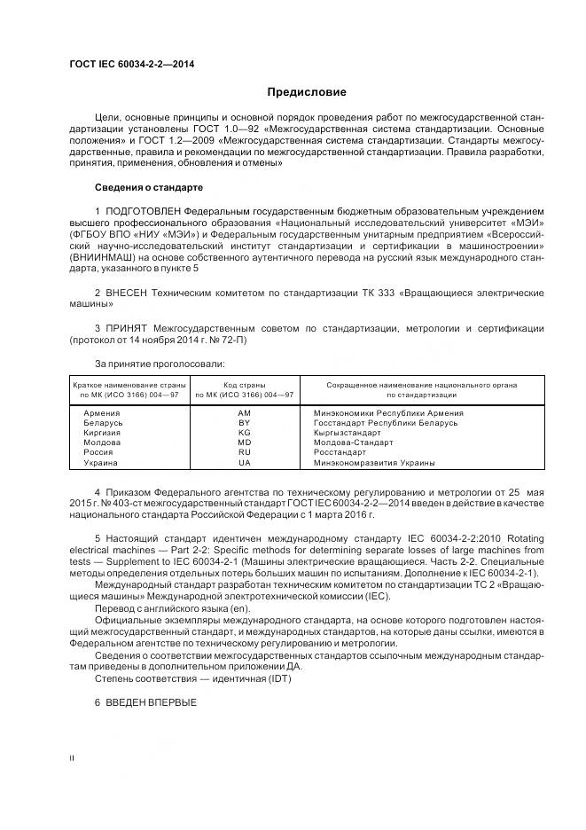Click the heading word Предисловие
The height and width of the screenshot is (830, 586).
click(x=307, y=92)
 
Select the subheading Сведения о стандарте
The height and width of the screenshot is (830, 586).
click(x=148, y=188)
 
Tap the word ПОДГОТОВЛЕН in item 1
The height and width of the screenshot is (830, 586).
click(x=143, y=210)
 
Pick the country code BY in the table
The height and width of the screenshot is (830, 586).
click(x=244, y=423)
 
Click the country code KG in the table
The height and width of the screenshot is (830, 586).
click(x=244, y=433)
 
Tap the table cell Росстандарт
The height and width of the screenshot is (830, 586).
click(x=340, y=452)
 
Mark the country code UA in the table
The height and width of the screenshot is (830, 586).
click(x=244, y=462)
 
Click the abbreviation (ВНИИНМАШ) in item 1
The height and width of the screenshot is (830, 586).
click(x=99, y=256)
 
